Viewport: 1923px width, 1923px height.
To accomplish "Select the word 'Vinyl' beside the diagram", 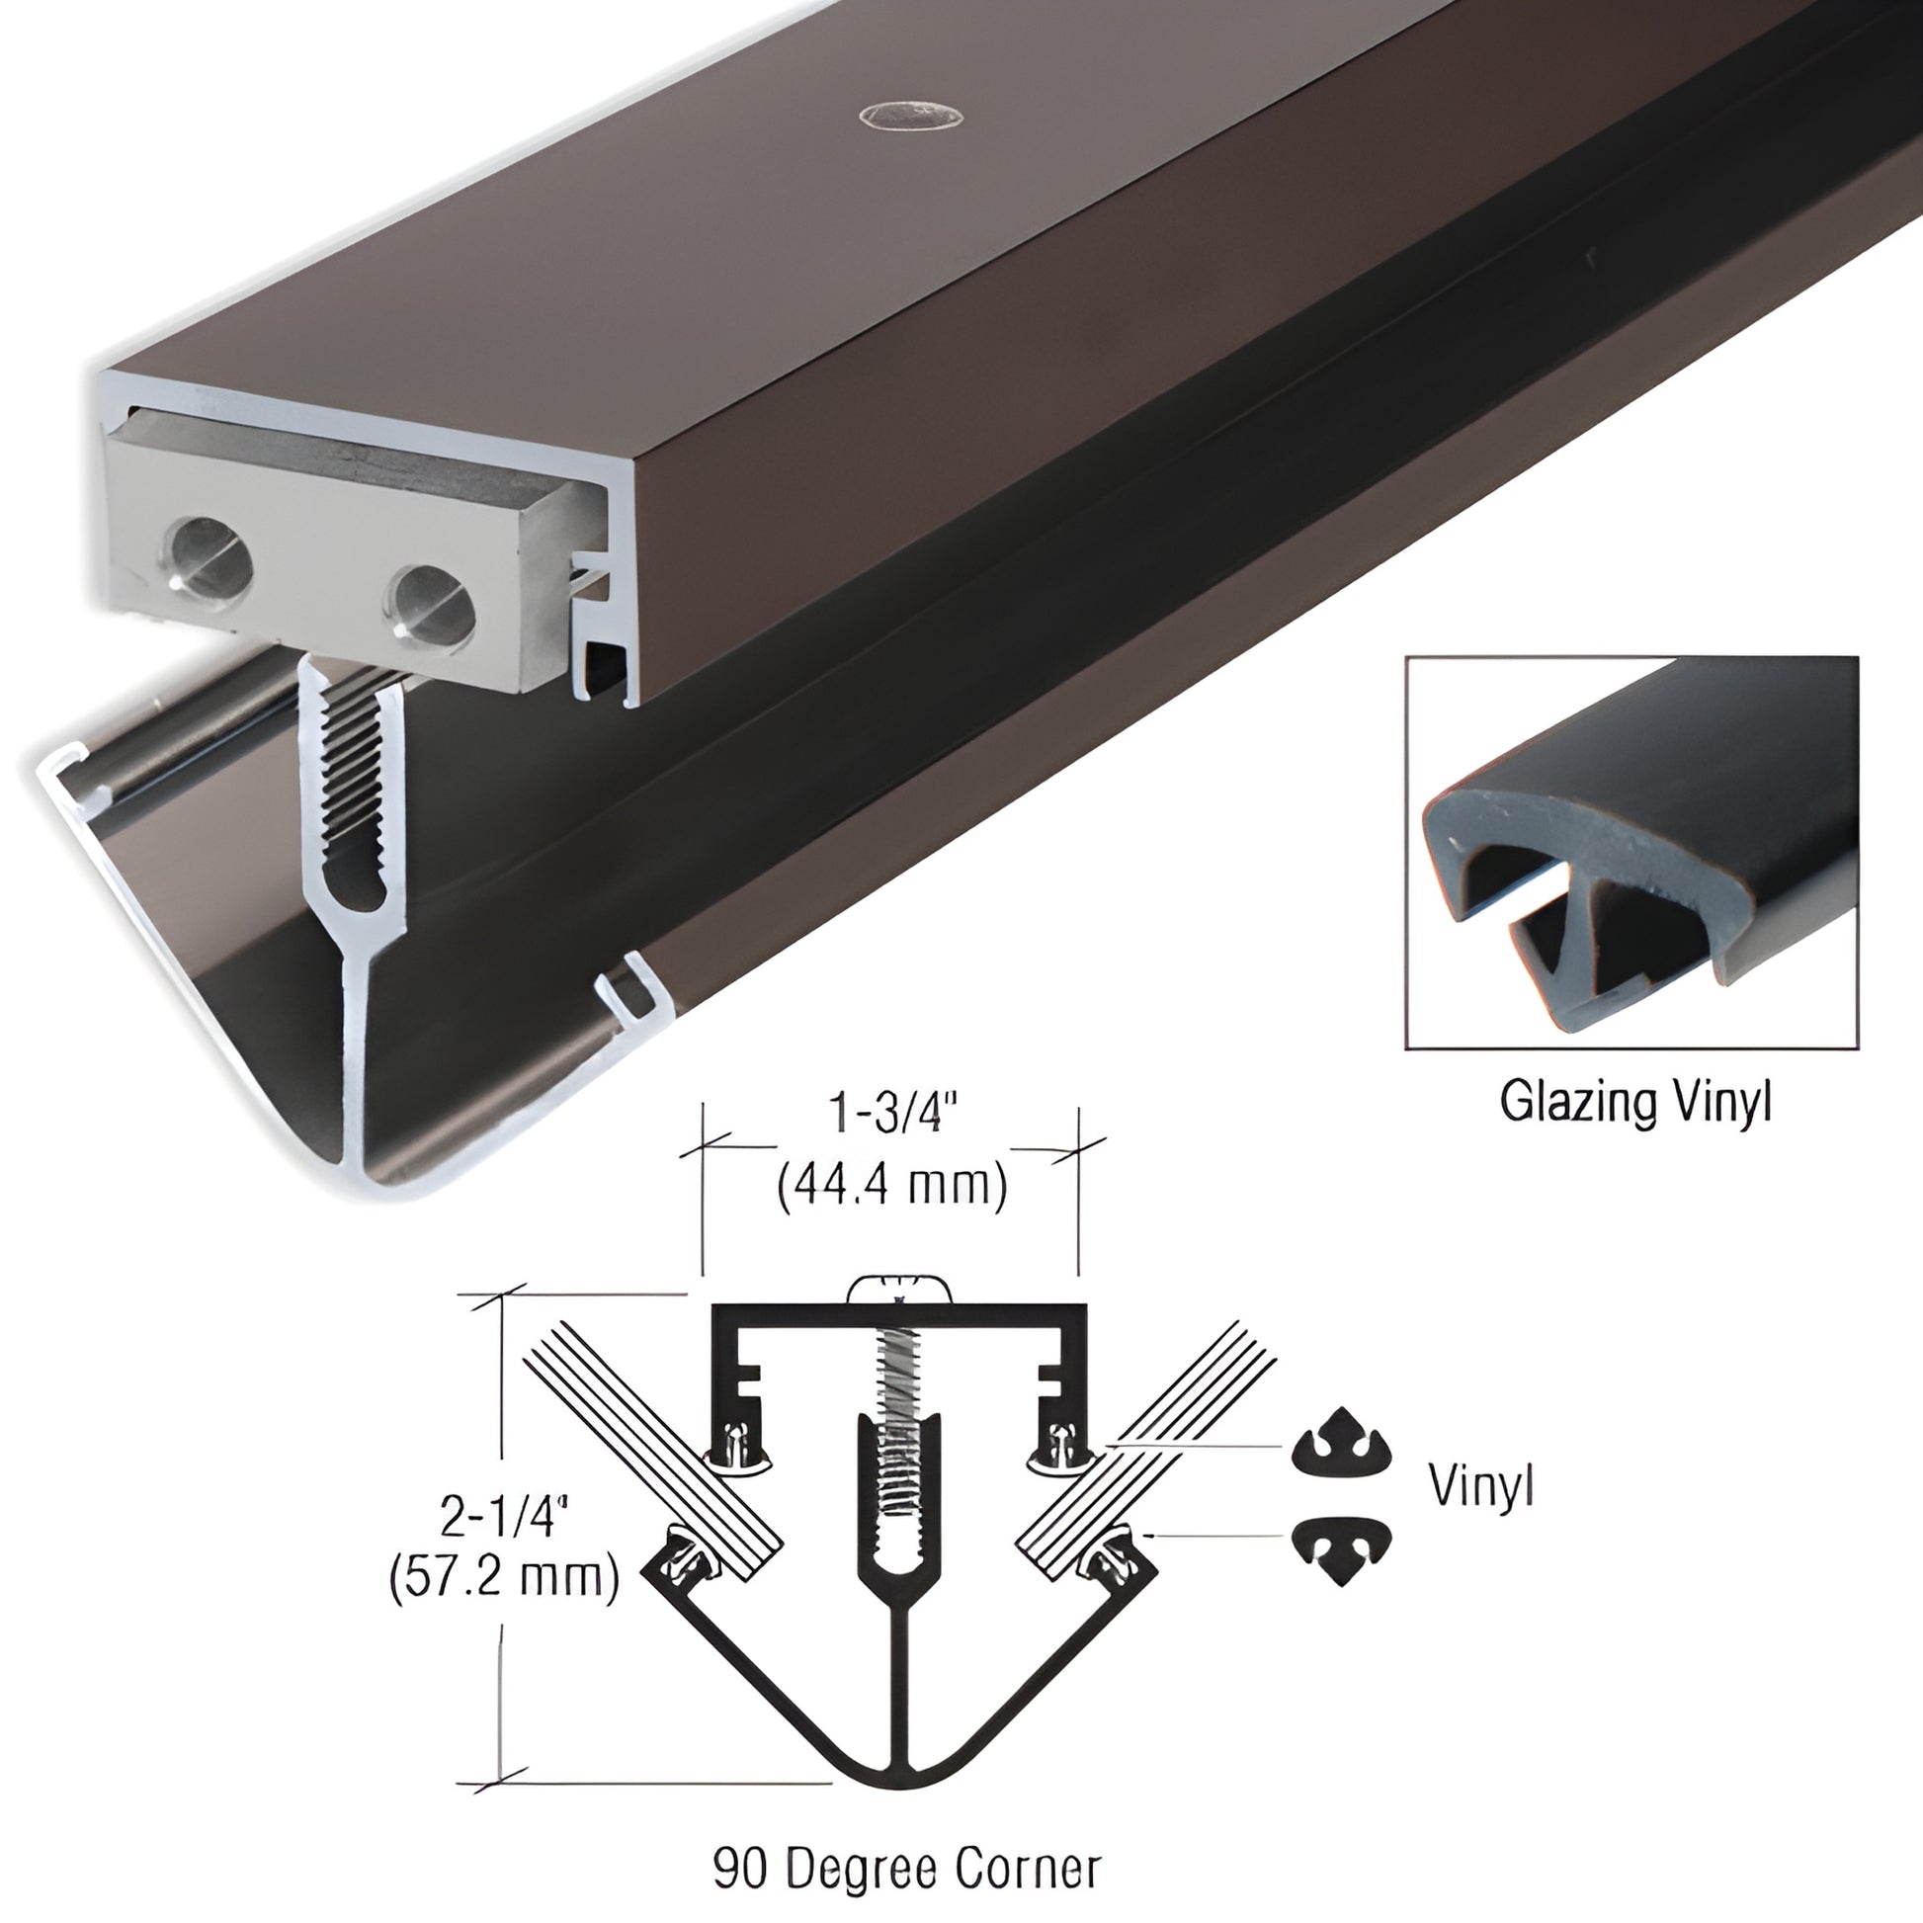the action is [x=1481, y=1485].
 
